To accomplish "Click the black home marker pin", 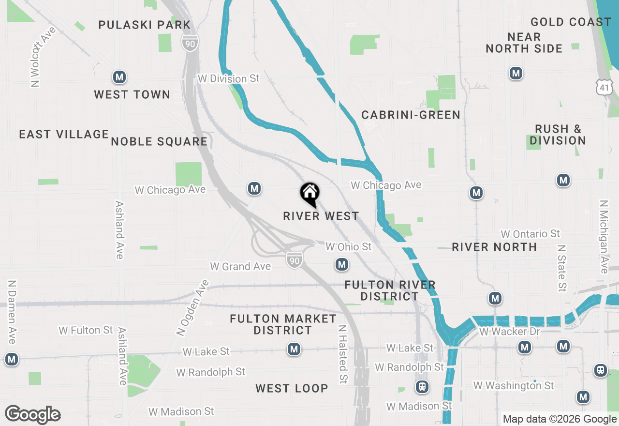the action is (x=310, y=194).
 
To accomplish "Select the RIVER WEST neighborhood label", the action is (x=321, y=216).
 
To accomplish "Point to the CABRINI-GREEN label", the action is (x=411, y=115).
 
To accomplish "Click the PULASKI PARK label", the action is (x=145, y=25).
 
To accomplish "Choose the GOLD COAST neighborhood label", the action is (x=571, y=22).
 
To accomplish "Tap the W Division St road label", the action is (x=228, y=78).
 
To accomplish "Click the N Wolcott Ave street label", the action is (x=43, y=57).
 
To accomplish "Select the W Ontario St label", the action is (x=530, y=234).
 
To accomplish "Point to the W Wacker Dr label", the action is (x=510, y=332).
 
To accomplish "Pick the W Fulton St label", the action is (x=86, y=330).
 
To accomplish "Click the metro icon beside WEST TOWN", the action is (x=119, y=76).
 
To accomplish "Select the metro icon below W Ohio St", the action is (x=342, y=264).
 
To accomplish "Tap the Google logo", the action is (x=32, y=414).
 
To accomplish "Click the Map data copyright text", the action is (x=559, y=419).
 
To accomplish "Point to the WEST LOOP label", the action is (x=292, y=388).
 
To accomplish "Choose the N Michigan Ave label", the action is (x=604, y=237).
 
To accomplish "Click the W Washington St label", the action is (x=514, y=385).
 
